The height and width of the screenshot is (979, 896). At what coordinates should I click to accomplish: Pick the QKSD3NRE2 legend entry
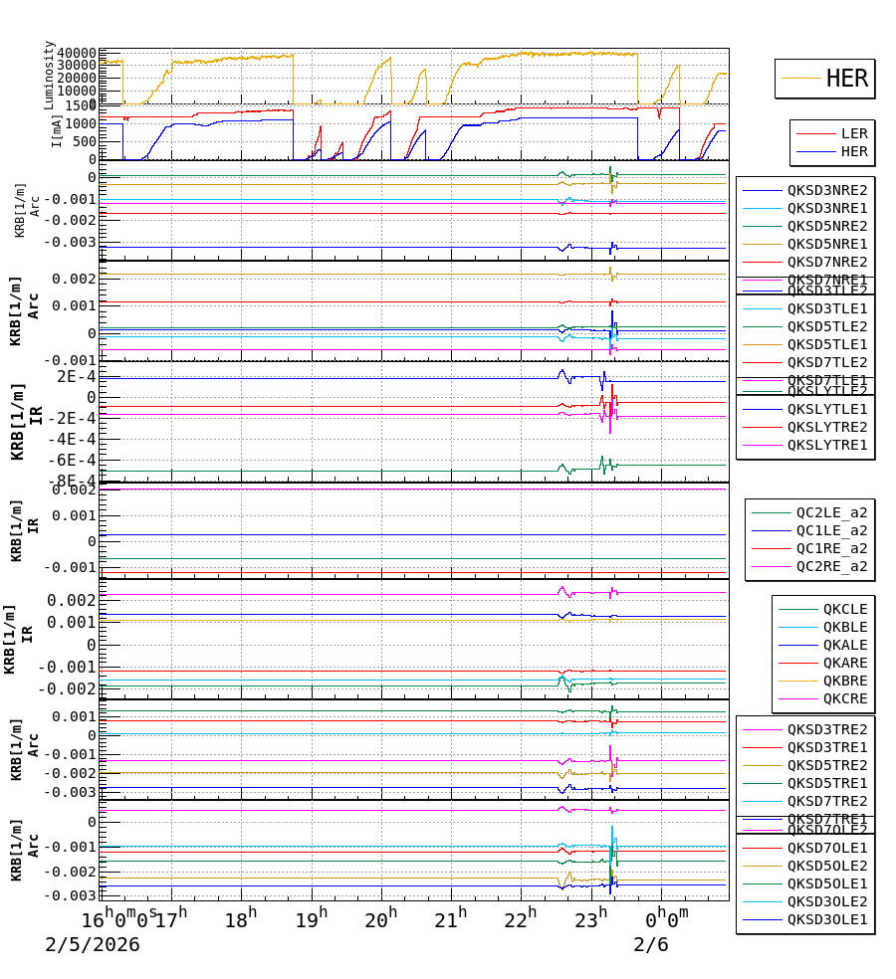pyautogui.click(x=827, y=190)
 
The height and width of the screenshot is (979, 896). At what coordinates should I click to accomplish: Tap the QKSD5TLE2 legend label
pyautogui.click(x=827, y=326)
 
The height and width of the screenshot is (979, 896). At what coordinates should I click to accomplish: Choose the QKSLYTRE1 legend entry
pyautogui.click(x=827, y=445)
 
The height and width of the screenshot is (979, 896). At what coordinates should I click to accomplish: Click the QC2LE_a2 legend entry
pyautogui.click(x=831, y=512)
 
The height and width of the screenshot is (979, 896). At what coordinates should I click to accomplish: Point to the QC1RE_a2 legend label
pyautogui.click(x=831, y=548)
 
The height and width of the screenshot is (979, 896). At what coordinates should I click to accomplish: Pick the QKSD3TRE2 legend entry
pyautogui.click(x=827, y=729)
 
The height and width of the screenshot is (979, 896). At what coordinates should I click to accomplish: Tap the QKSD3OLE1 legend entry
pyautogui.click(x=827, y=919)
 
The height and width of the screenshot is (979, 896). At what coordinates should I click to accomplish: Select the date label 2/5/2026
pyautogui.click(x=93, y=945)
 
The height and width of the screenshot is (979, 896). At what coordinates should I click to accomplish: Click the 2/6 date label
pyautogui.click(x=651, y=945)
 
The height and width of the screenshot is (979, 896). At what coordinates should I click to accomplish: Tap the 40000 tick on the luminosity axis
pyautogui.click(x=77, y=53)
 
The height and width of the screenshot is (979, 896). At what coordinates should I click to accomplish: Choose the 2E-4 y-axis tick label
pyautogui.click(x=76, y=376)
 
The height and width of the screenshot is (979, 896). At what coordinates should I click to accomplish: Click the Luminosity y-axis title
pyautogui.click(x=49, y=75)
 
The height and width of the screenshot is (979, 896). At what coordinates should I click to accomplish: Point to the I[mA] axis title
pyautogui.click(x=57, y=131)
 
